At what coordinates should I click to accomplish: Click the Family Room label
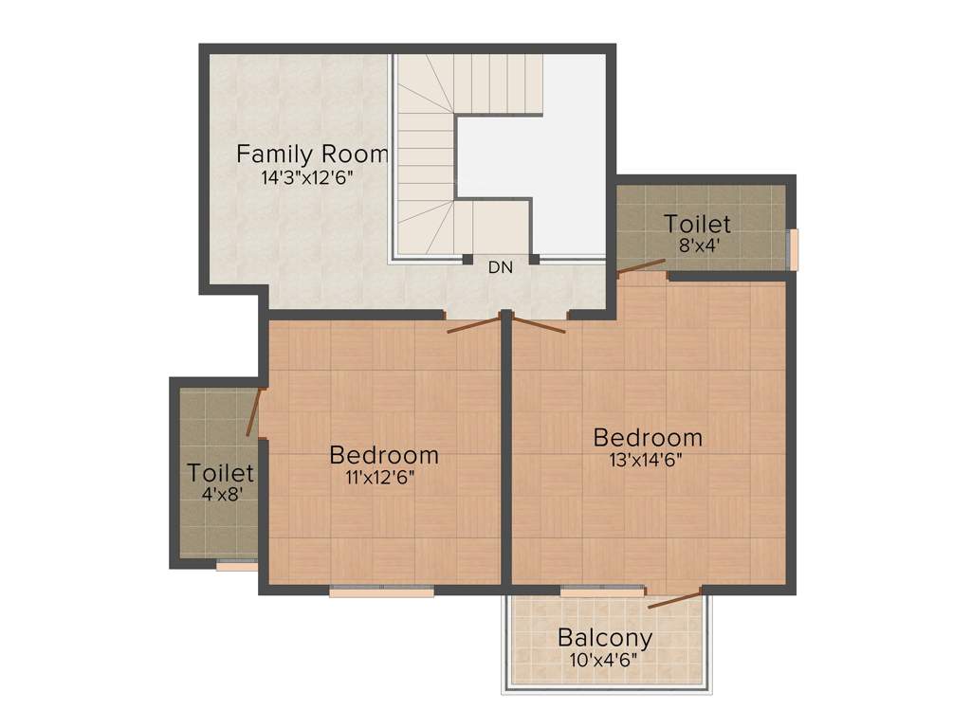pos(312,154)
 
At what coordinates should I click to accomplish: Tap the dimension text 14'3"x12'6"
pos(312,177)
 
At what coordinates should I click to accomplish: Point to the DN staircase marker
pos(501,267)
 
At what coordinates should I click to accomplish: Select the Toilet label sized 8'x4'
pos(697,225)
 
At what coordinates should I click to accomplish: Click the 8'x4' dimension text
pos(697,245)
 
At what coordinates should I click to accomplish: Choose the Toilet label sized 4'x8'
pos(220,472)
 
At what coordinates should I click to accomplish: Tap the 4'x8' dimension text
pos(220,493)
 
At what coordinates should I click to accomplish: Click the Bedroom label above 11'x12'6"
pos(384,455)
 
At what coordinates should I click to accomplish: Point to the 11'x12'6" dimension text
pos(384,476)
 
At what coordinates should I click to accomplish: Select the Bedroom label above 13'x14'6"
pos(648,437)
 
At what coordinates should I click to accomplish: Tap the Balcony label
pos(605,637)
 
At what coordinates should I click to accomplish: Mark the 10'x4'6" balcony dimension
pos(605,658)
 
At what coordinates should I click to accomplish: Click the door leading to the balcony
pos(675,598)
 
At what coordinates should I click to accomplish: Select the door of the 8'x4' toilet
pos(641,267)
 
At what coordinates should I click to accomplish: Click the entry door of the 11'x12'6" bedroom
pos(473,323)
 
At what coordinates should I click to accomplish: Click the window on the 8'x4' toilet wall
pos(795,249)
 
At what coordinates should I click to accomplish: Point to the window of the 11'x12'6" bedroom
pos(381,591)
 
